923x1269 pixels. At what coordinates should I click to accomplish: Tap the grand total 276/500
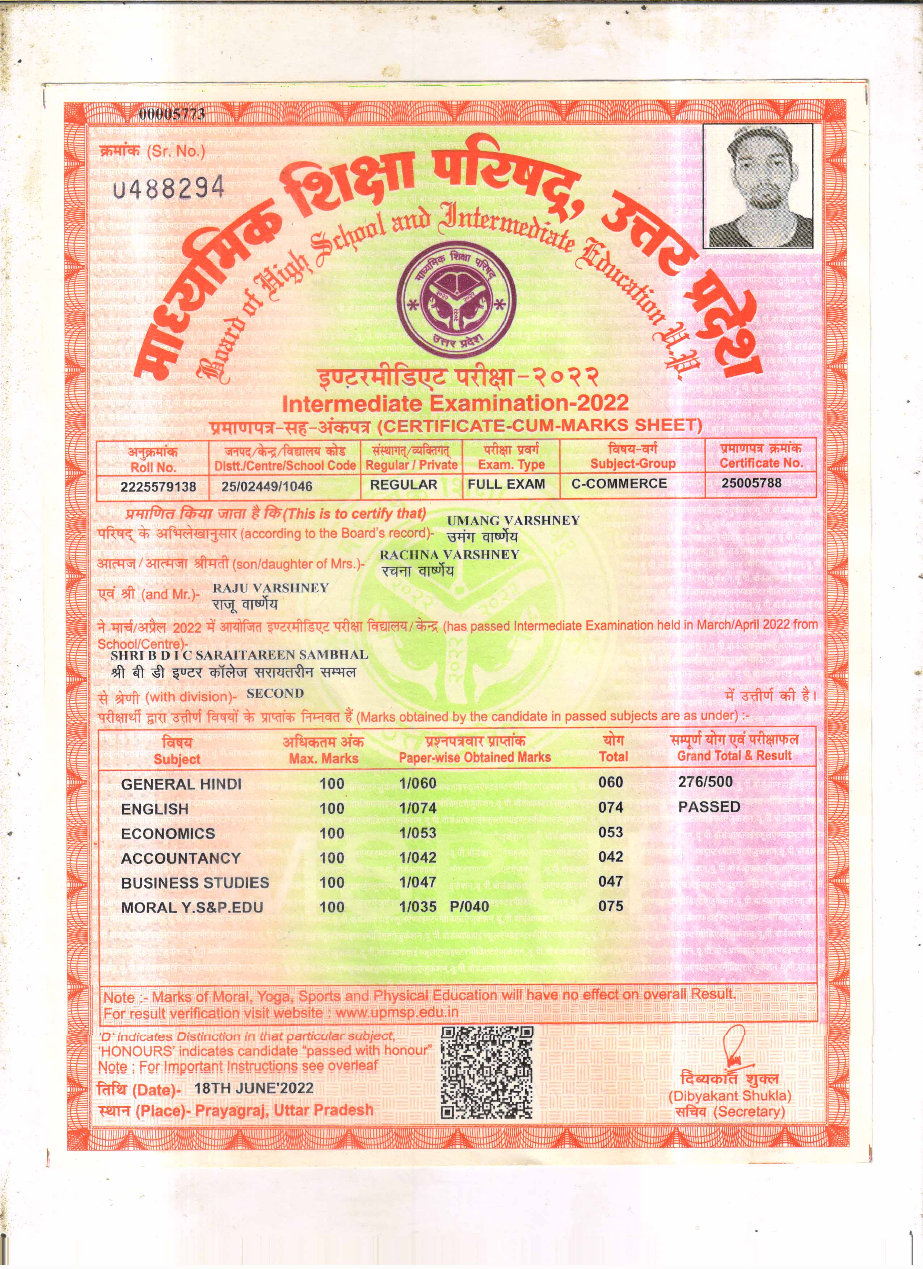(705, 782)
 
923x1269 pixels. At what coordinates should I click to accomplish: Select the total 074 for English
(610, 807)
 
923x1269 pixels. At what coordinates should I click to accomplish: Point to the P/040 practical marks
(469, 906)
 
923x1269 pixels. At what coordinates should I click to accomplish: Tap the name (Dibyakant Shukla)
(729, 1096)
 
